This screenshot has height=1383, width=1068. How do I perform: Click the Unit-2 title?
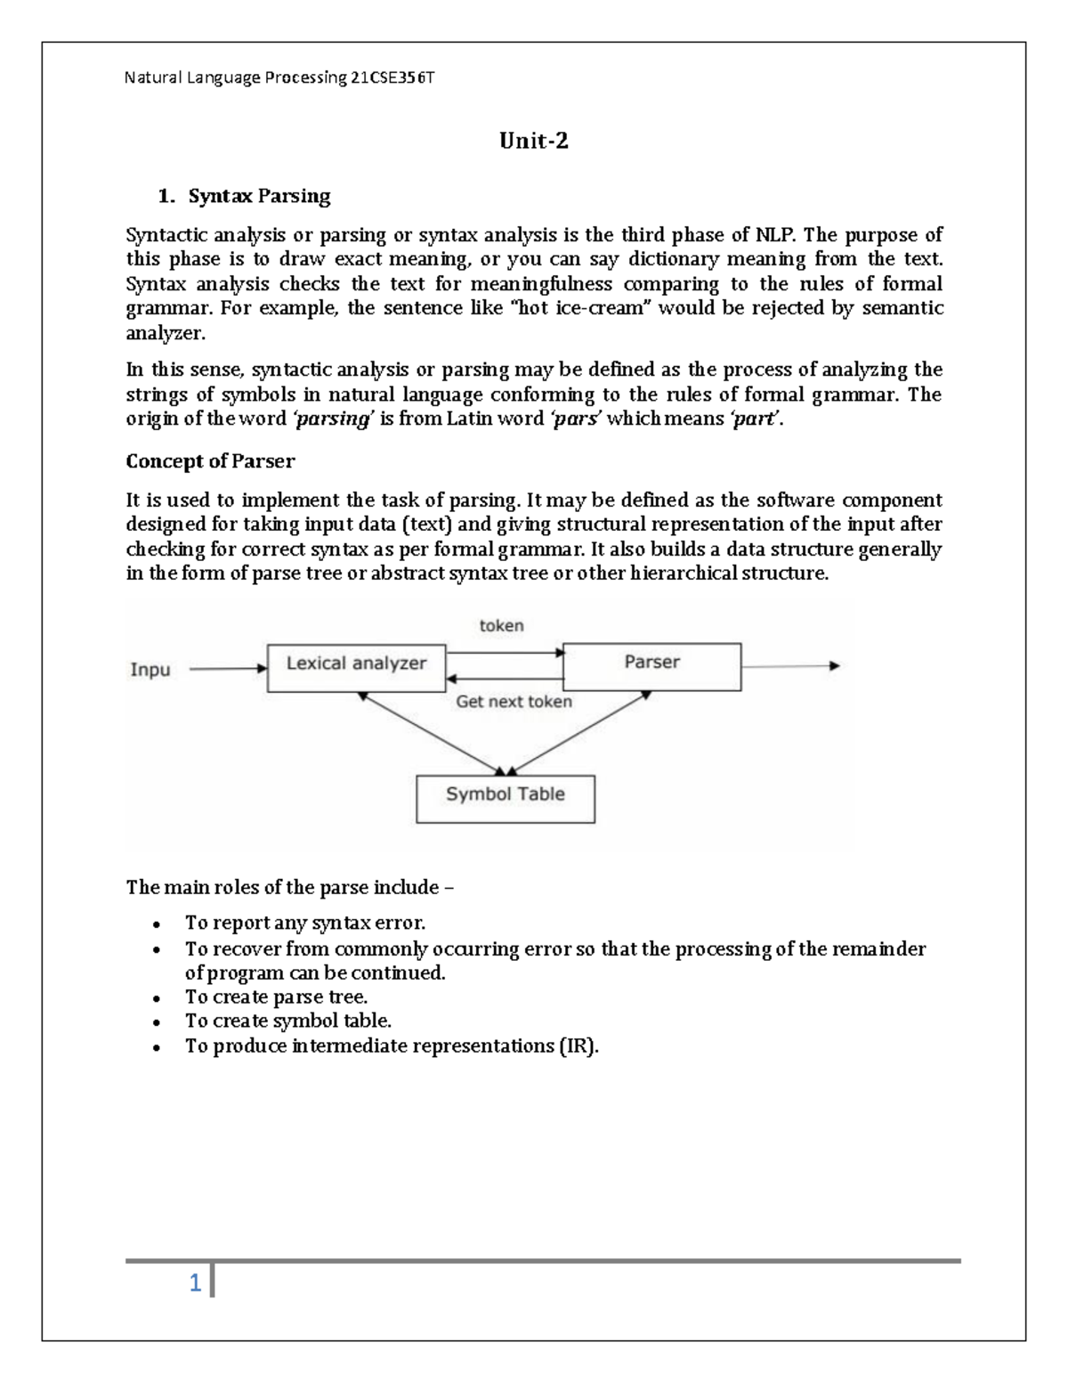[533, 141]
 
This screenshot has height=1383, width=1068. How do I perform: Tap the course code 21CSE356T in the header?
[392, 77]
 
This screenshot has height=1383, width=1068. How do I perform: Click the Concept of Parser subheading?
[210, 461]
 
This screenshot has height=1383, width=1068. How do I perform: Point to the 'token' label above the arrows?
[502, 626]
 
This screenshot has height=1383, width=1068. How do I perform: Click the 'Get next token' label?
[514, 702]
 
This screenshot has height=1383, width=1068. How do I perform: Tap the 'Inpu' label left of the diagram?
[150, 669]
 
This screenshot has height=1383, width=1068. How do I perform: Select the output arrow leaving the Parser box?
[789, 666]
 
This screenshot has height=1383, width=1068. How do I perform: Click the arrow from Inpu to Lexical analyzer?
[228, 668]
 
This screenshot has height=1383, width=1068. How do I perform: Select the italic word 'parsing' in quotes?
[332, 419]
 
